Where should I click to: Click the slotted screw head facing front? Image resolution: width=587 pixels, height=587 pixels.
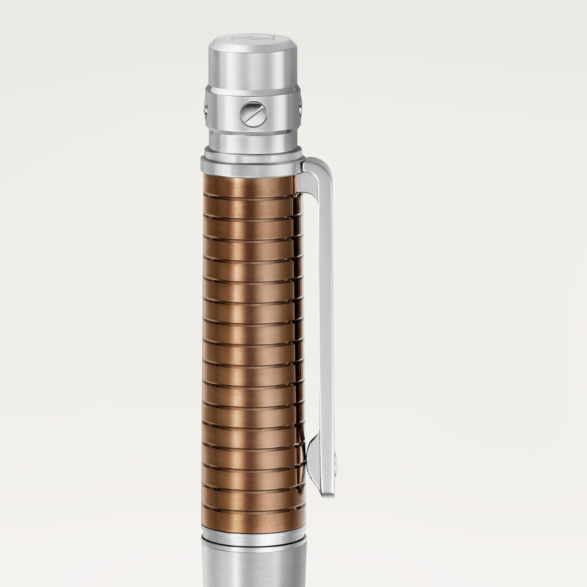[253, 114]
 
